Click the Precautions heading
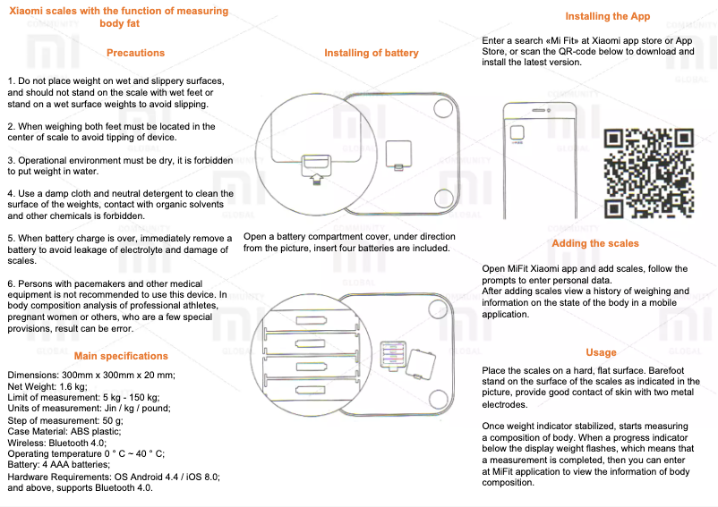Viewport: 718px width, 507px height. point(135,53)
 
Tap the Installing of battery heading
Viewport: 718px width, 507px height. point(371,53)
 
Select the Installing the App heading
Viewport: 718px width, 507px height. point(607,16)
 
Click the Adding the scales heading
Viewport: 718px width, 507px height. point(595,243)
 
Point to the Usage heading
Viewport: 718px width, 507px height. point(601,352)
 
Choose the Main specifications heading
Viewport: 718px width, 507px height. point(121,356)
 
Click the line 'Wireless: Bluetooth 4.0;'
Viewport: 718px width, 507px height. point(56,442)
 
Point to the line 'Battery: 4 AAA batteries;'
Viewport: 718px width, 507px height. point(58,465)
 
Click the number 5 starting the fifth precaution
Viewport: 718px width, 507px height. point(10,238)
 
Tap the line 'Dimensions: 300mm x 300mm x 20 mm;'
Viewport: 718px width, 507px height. point(90,374)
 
